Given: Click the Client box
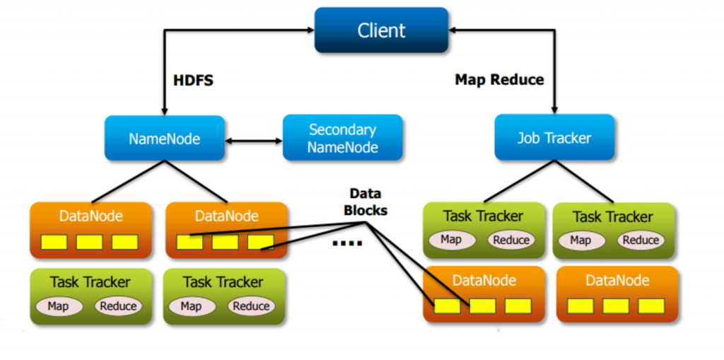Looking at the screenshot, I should [381, 30].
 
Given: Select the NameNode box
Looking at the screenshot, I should [164, 139].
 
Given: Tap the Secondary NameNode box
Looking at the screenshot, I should [343, 139].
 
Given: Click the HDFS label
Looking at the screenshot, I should [193, 81].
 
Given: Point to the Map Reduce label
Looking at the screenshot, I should [499, 80].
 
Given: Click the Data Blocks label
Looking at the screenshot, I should [365, 202].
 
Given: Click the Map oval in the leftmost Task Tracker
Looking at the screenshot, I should [58, 306].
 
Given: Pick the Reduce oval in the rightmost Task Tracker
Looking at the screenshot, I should [641, 240].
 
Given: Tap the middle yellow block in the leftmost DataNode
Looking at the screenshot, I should [89, 243].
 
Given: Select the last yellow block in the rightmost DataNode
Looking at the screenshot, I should [651, 306].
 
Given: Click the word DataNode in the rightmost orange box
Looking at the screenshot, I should [617, 281].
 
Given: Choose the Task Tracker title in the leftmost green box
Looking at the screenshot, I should [90, 282].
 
